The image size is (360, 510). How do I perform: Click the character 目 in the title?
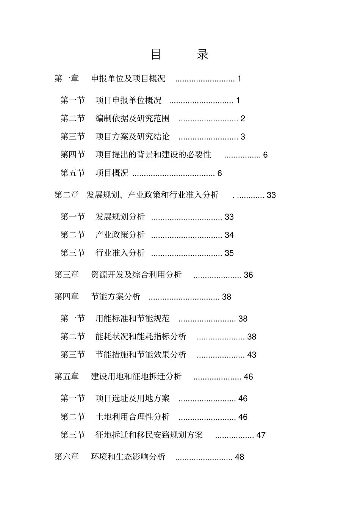pos(156,55)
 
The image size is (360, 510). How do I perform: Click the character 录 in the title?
pos(202,55)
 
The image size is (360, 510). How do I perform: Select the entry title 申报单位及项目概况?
pos(128,79)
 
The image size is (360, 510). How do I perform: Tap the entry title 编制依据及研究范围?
pos(132,119)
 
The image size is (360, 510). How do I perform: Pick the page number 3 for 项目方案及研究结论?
pos(243,137)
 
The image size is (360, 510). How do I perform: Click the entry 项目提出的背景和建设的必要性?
pos(153,155)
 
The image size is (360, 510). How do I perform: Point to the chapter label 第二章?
pos(67,195)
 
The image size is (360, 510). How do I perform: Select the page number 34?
pos(229,235)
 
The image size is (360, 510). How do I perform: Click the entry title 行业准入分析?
pos(120,253)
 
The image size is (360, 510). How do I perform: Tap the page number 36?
pos(248,275)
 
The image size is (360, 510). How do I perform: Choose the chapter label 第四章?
pos(67,297)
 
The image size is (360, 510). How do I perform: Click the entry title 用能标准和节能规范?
pos(132,319)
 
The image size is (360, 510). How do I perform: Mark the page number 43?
pos(252,355)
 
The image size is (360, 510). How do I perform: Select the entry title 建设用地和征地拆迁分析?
pos(136,377)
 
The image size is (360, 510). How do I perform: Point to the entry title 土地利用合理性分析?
pos(132,417)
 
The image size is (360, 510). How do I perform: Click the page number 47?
pos(261,435)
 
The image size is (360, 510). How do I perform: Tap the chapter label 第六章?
pos(67,457)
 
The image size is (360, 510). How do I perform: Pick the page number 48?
pos(239,457)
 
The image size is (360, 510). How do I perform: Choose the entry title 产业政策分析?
pos(120,235)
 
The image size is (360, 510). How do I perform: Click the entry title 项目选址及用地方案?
pos(132,399)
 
